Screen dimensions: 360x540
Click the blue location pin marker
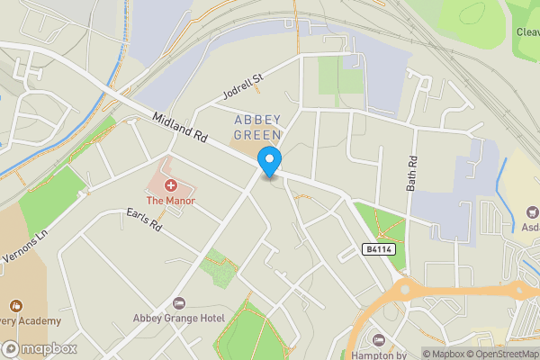pos(269,160)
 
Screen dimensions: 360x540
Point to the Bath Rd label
pos(412,169)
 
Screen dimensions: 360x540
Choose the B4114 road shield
pos(380,247)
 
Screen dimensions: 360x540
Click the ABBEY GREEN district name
pos(257,127)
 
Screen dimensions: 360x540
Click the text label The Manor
pos(170,200)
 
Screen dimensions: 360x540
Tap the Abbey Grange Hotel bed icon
pos(177,302)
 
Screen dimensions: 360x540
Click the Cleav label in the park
pos(527,31)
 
